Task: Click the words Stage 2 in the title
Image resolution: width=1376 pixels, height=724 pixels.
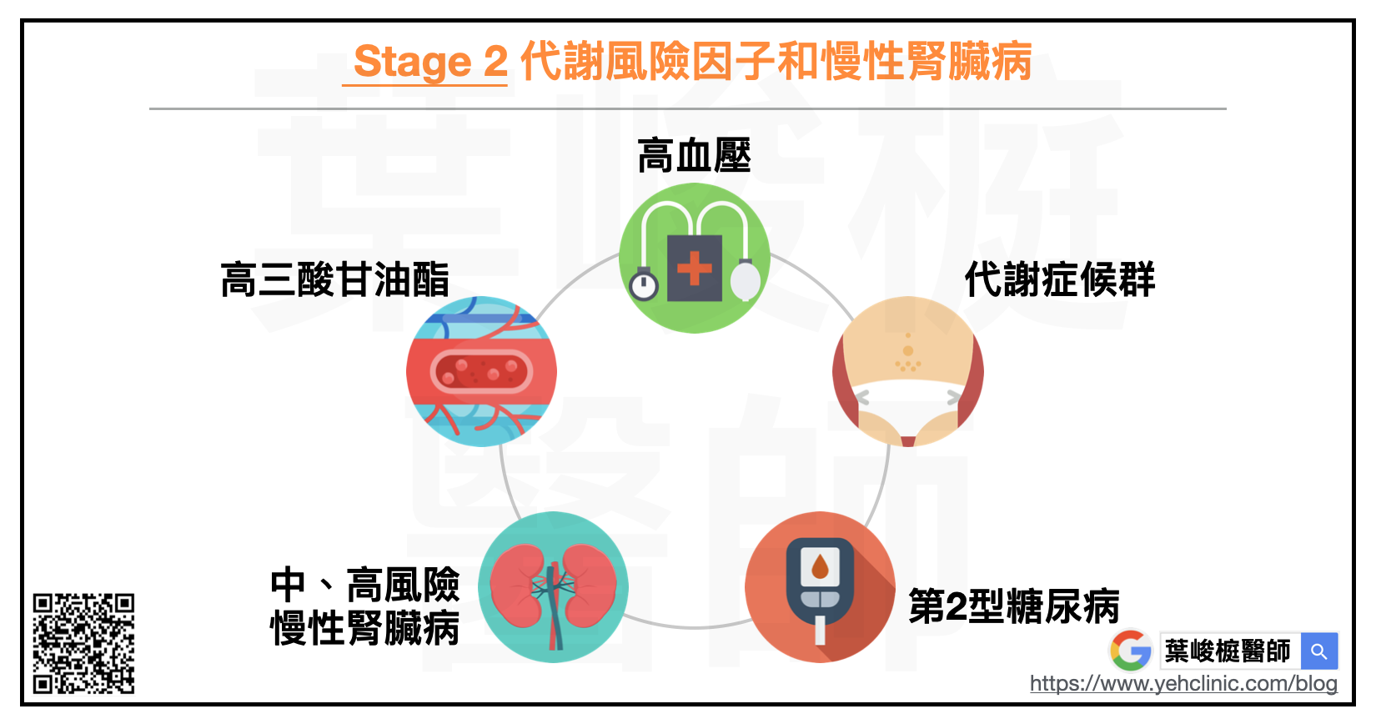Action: [430, 62]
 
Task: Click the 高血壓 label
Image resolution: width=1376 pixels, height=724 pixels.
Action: [694, 156]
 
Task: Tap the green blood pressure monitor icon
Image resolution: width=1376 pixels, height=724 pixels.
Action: [694, 258]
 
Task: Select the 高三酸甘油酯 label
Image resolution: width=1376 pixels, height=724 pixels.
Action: [334, 279]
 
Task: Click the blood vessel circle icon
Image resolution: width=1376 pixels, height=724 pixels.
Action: [481, 371]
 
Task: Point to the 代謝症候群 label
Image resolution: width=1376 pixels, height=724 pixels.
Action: [1060, 279]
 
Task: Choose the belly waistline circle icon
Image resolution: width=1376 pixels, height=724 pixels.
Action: [908, 371]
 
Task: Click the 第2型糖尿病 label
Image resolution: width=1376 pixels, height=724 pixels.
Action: [1014, 606]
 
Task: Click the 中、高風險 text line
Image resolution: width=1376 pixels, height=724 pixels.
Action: [365, 585]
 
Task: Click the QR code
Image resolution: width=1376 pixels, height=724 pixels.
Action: [83, 643]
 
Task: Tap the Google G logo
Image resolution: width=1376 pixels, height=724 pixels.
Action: [1131, 651]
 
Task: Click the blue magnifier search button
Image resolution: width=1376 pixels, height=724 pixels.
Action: [1319, 651]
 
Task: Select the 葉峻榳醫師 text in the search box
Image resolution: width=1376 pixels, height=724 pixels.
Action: [1228, 651]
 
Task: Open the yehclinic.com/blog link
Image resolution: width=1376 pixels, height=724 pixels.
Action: [1183, 684]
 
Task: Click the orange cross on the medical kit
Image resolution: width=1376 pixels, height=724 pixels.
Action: [694, 269]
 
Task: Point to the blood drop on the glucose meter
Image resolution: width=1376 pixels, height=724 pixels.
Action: [820, 568]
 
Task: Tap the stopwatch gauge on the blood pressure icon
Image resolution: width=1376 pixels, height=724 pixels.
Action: [643, 285]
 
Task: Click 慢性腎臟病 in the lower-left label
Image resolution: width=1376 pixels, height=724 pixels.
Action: [365, 629]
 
